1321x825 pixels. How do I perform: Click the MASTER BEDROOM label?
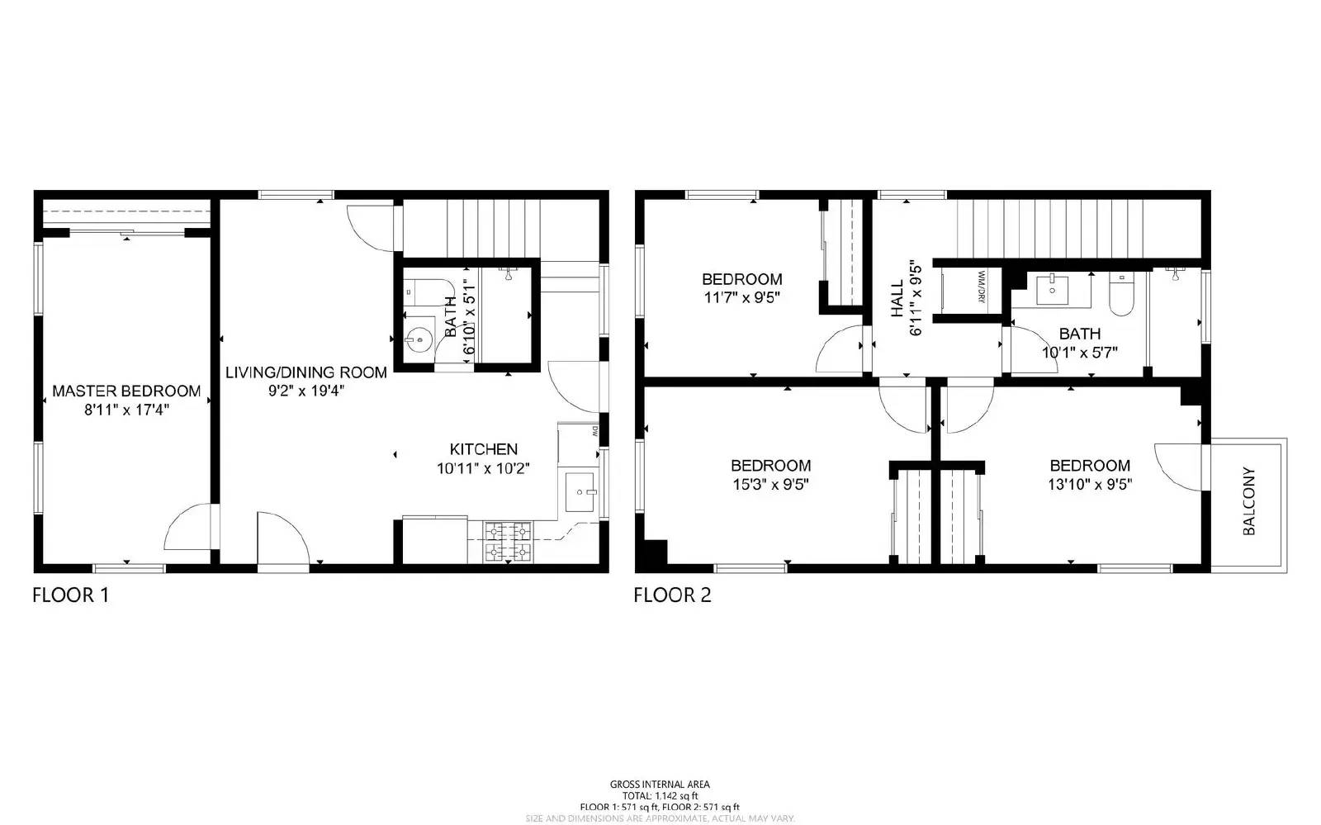[x=126, y=391]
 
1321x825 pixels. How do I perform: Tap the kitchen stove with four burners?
[x=509, y=542]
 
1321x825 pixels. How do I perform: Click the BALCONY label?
[x=1248, y=501]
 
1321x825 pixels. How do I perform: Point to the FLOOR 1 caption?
[x=70, y=595]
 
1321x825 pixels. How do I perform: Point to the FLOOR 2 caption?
[x=672, y=595]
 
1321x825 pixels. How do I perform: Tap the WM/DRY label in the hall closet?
[x=982, y=287]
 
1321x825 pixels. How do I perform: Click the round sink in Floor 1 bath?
[x=419, y=339]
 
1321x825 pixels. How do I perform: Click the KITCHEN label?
[x=483, y=449]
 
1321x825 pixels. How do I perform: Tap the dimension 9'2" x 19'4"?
[x=305, y=391]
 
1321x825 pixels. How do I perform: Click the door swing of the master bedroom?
[x=188, y=529]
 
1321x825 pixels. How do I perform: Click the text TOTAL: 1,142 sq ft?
[x=660, y=795]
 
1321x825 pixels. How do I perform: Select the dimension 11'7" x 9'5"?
[x=741, y=297]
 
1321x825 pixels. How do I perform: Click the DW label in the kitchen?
[x=594, y=429]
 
